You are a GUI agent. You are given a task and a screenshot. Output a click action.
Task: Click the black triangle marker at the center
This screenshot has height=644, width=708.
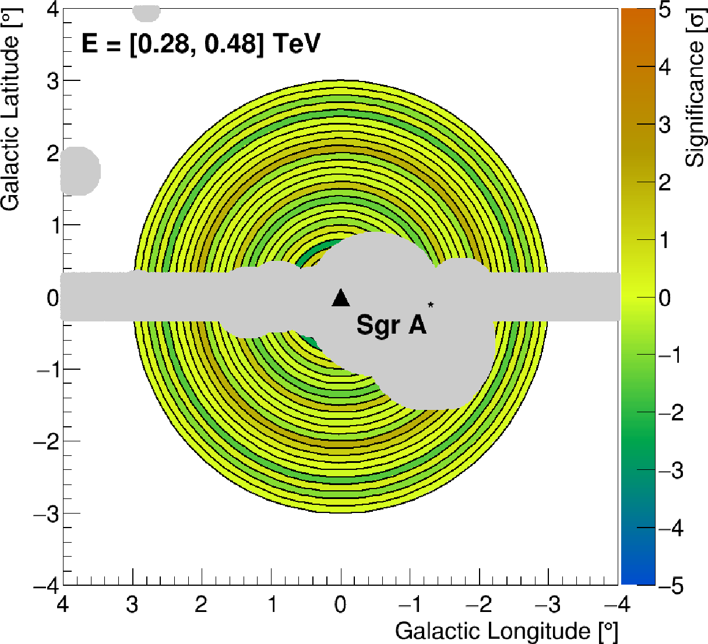tap(340, 298)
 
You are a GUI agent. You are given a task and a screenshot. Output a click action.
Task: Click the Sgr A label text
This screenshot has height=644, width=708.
tap(391, 324)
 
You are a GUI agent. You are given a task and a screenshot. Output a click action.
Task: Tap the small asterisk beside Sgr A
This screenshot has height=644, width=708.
tap(431, 305)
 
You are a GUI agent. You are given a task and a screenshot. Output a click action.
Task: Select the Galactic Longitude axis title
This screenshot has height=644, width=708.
tap(506, 631)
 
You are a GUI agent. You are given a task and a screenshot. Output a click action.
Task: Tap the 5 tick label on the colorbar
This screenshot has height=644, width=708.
tap(664, 10)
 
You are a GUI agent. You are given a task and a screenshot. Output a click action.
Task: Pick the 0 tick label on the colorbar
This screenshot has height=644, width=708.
tap(664, 298)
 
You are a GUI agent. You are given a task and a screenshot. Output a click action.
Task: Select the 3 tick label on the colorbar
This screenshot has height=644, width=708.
tap(664, 125)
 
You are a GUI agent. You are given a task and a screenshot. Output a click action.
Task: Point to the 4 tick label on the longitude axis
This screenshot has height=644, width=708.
tap(62, 604)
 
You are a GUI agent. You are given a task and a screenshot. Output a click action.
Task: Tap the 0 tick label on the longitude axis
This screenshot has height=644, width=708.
tap(340, 604)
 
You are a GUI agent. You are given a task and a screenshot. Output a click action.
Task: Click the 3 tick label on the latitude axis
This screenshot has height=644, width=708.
tap(52, 81)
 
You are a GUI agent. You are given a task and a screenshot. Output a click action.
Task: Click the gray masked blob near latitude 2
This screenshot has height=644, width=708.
tap(80, 171)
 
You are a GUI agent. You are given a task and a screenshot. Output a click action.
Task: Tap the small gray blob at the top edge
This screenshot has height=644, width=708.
tap(146, 12)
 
